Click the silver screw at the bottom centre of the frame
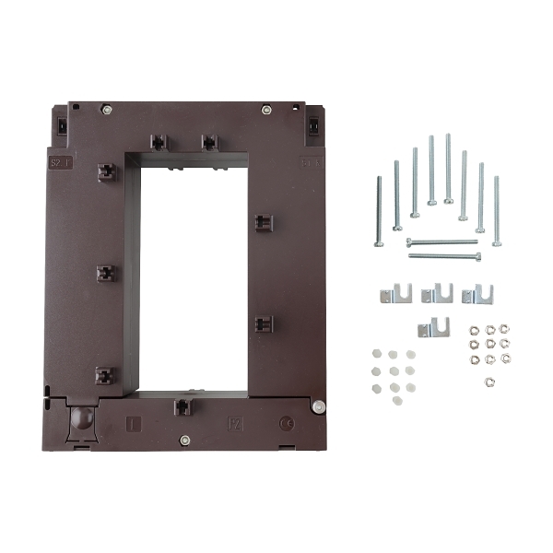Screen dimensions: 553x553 [x=184, y=440]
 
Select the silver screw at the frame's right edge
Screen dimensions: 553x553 [x=317, y=407]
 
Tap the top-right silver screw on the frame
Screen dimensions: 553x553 [x=266, y=111]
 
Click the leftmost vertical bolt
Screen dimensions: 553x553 [x=379, y=212]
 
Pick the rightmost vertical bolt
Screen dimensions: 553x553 [x=496, y=211]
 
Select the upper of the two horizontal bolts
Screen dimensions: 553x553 [x=442, y=242]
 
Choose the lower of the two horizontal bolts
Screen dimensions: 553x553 [x=444, y=254]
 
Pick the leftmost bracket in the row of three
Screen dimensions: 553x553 [x=396, y=294]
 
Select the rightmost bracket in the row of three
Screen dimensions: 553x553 [x=477, y=294]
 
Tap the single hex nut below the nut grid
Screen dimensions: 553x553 [x=488, y=378]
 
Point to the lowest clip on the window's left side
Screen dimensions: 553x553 [x=104, y=375]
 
